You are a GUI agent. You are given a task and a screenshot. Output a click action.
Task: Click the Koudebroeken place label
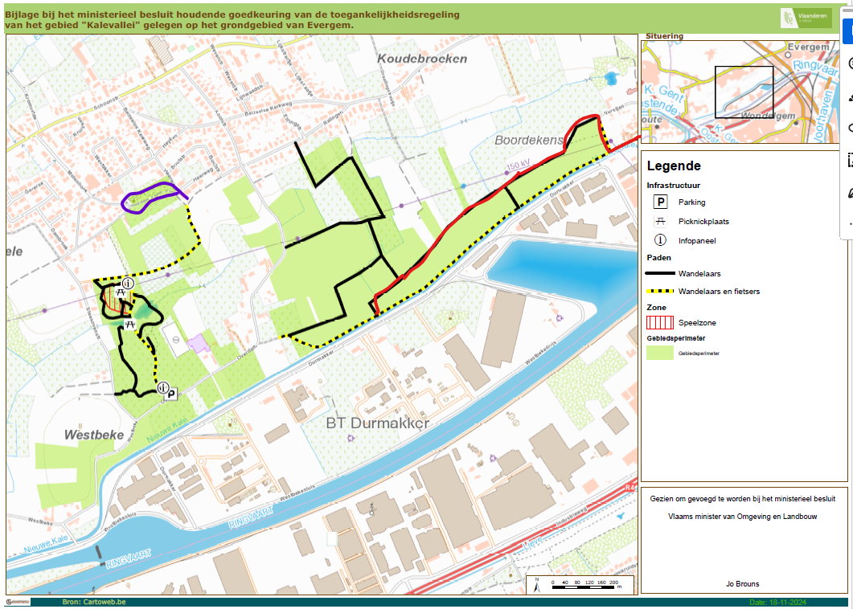click(422, 59)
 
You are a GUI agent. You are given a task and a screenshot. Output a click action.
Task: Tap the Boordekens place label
click(528, 140)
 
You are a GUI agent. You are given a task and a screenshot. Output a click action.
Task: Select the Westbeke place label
click(94, 434)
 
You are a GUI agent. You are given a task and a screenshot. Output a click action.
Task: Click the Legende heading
click(674, 166)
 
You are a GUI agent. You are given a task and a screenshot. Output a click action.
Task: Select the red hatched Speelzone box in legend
click(661, 322)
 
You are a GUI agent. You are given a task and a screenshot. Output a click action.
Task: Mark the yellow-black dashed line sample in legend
click(661, 292)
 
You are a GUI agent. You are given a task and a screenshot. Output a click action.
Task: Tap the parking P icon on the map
click(171, 394)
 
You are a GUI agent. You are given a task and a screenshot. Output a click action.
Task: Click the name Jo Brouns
click(740, 584)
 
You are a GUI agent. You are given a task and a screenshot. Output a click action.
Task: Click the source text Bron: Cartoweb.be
click(94, 602)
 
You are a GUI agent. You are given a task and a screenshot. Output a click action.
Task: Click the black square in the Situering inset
click(744, 92)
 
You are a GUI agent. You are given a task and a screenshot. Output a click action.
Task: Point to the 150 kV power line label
click(519, 167)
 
